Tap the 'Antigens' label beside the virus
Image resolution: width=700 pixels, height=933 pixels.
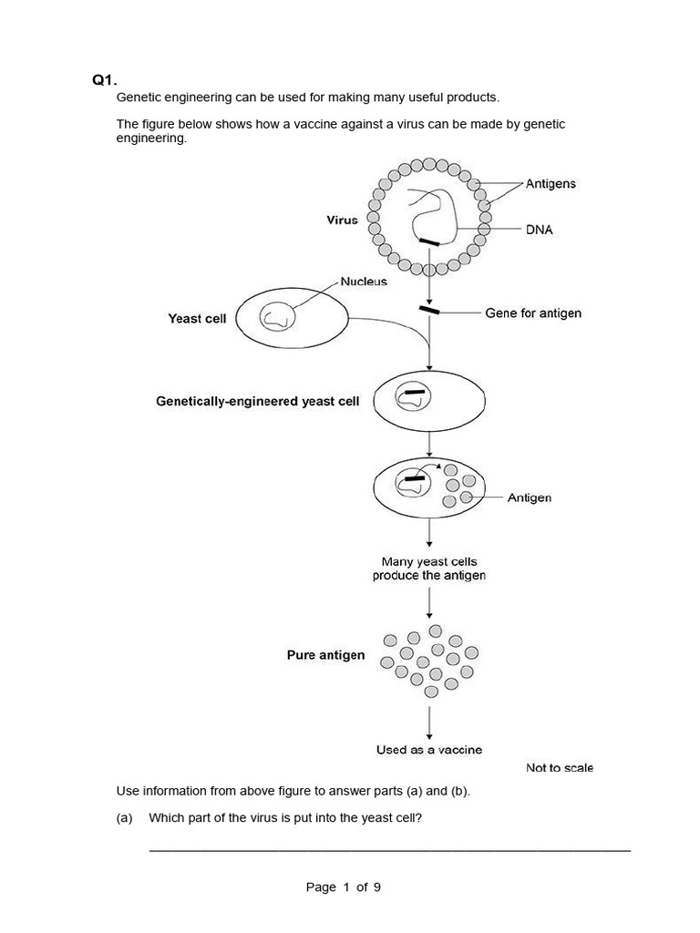pyautogui.click(x=551, y=183)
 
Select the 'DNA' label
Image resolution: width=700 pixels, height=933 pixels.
pyautogui.click(x=539, y=230)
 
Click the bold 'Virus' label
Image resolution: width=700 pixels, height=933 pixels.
pyautogui.click(x=343, y=220)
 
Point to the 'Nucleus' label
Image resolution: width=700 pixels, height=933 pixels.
pyautogui.click(x=364, y=282)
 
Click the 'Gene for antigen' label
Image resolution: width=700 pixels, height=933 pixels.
pyautogui.click(x=533, y=313)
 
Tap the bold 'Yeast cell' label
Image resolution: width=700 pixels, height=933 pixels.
pyautogui.click(x=197, y=319)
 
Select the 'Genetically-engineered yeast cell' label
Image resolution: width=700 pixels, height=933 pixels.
pyautogui.click(x=258, y=401)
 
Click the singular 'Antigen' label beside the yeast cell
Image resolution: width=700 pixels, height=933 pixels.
pyautogui.click(x=529, y=498)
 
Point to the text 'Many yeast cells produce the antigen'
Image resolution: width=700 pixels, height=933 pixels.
pyautogui.click(x=429, y=569)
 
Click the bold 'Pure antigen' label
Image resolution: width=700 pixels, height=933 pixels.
pyautogui.click(x=325, y=654)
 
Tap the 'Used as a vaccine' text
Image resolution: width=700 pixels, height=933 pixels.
pyautogui.click(x=429, y=750)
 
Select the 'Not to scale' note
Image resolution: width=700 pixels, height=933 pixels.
pyautogui.click(x=560, y=768)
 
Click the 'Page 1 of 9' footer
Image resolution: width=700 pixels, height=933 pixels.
pyautogui.click(x=344, y=887)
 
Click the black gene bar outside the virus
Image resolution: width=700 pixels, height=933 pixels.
pyautogui.click(x=429, y=311)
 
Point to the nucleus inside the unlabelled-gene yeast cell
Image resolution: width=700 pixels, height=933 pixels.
pyautogui.click(x=276, y=317)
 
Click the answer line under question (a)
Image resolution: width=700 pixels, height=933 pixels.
pyautogui.click(x=389, y=850)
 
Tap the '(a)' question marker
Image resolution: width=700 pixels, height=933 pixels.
pyautogui.click(x=125, y=817)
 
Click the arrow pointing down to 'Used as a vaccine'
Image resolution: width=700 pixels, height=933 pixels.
pyautogui.click(x=429, y=722)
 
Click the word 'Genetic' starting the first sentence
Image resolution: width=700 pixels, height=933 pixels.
pyautogui.click(x=138, y=97)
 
